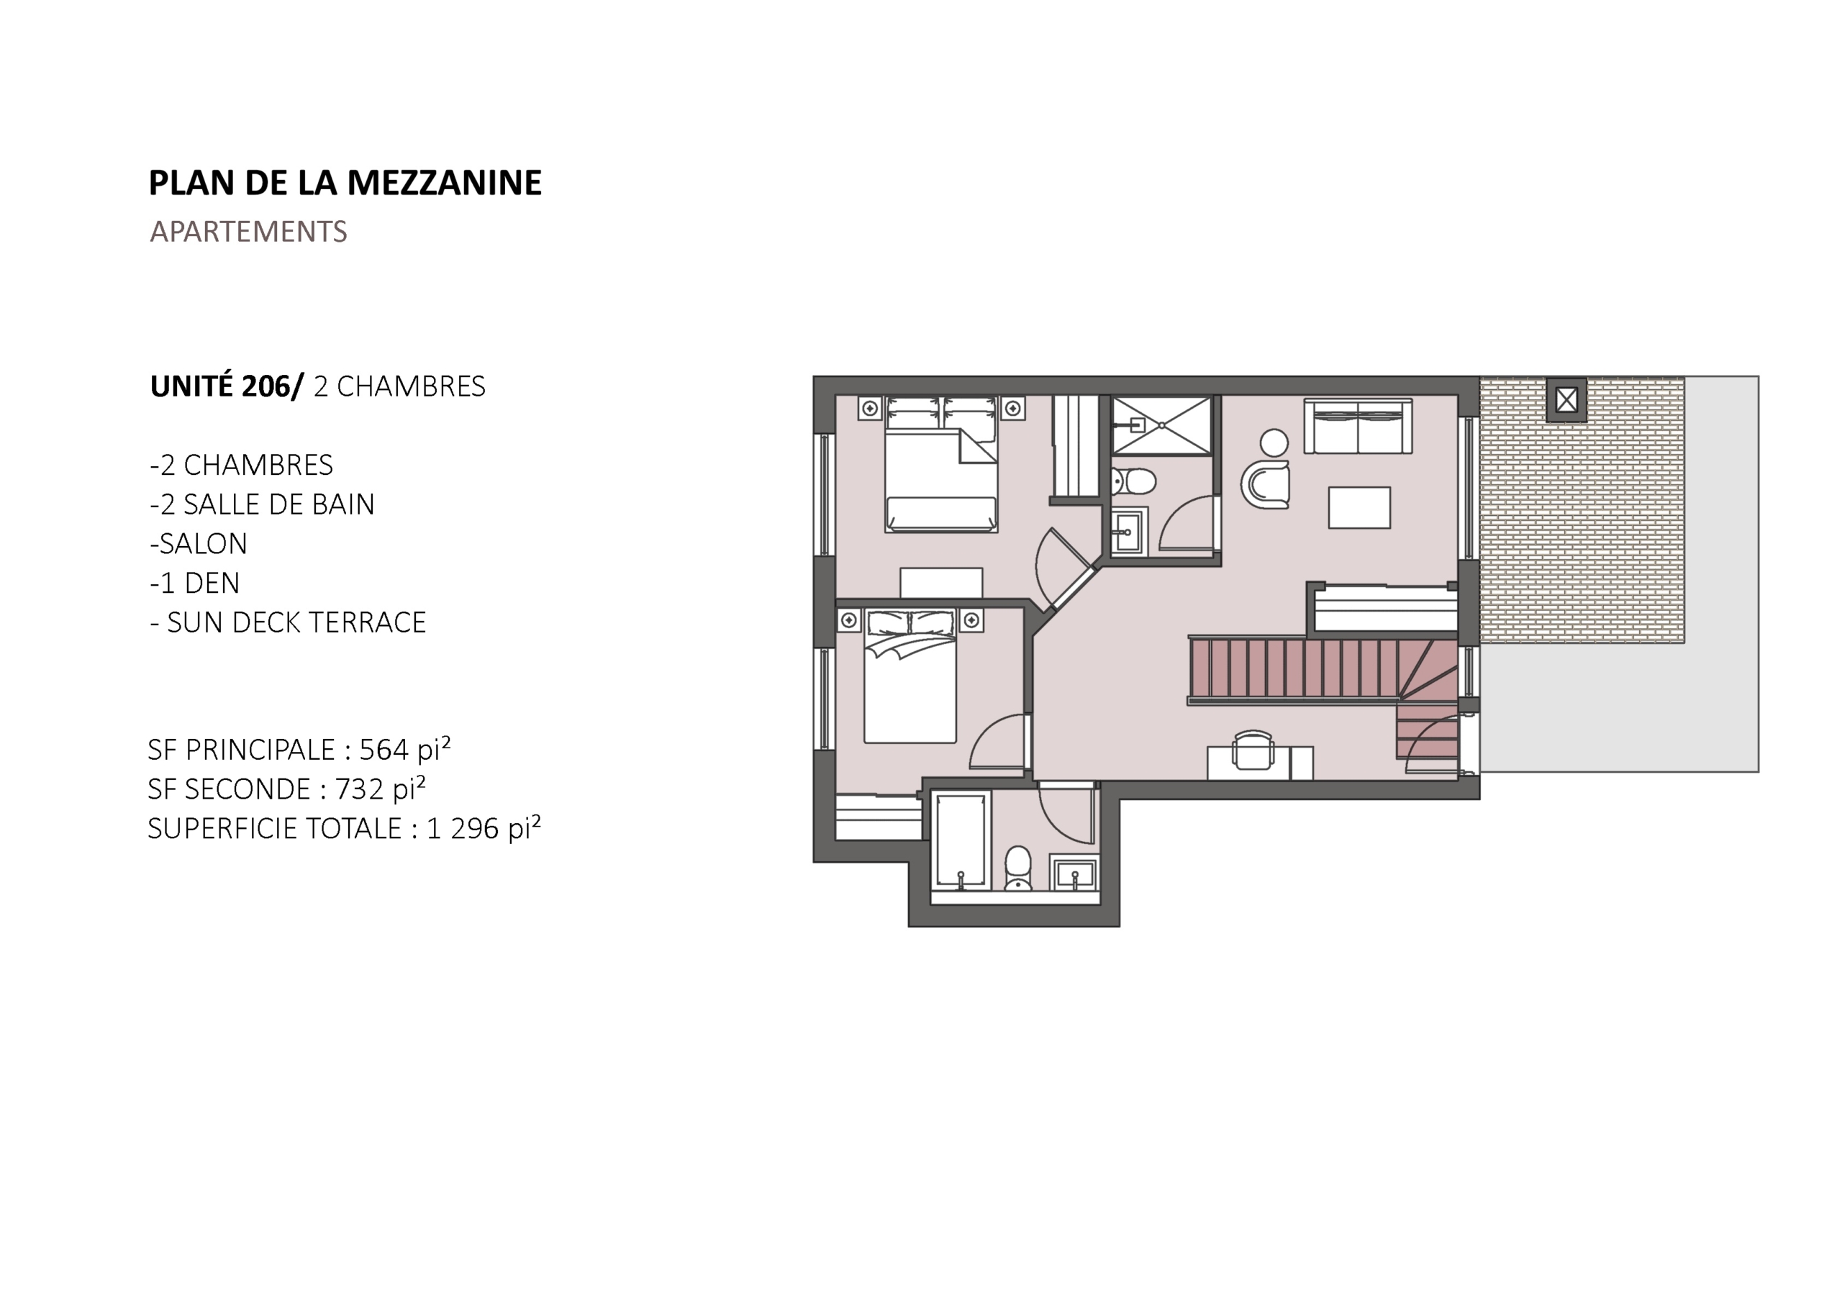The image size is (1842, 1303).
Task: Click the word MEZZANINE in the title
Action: (445, 183)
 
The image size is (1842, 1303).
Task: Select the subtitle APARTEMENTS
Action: (248, 232)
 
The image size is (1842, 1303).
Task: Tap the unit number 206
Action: (266, 387)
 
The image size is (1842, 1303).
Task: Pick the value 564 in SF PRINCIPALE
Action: (384, 750)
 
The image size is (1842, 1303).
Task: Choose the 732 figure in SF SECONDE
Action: (360, 789)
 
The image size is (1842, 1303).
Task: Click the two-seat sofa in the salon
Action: (1358, 426)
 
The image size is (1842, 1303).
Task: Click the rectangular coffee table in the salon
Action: (1359, 507)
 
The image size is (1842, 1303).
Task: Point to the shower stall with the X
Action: (1161, 426)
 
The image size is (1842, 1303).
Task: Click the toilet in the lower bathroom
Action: (1018, 868)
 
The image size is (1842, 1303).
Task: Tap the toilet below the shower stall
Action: (1135, 481)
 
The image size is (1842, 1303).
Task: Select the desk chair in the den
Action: (1252, 750)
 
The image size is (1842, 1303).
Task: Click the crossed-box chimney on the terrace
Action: (1566, 399)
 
